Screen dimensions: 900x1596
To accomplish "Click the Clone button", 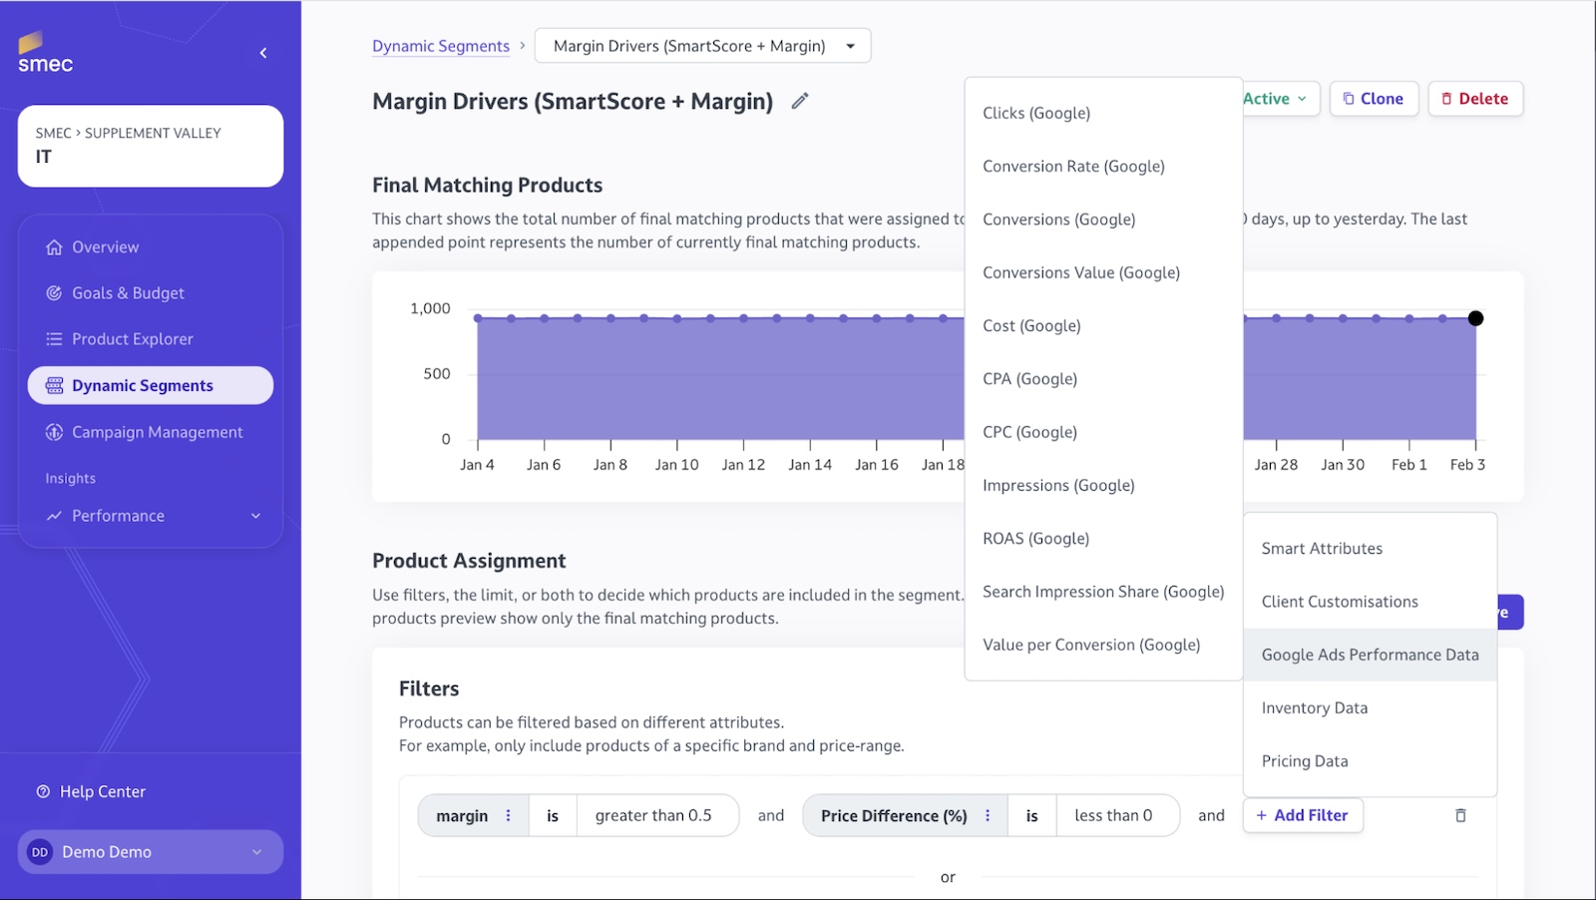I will pyautogui.click(x=1373, y=99).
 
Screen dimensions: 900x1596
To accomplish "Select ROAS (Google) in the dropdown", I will pyautogui.click(x=1035, y=539).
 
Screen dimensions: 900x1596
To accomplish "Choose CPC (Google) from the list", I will pyautogui.click(x=1029, y=432).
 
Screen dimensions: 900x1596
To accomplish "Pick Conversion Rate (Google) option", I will pyautogui.click(x=1073, y=167).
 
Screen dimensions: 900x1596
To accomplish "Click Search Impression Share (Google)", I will pyautogui.click(x=1102, y=592).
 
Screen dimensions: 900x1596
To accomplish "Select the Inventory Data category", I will pyautogui.click(x=1314, y=708).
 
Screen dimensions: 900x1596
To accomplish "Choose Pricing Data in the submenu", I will pyautogui.click(x=1304, y=761).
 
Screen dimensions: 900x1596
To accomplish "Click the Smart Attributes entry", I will pyautogui.click(x=1322, y=549).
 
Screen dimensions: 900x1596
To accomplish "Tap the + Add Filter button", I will pyautogui.click(x=1302, y=815).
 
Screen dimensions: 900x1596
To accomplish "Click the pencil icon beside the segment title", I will pyautogui.click(x=800, y=101).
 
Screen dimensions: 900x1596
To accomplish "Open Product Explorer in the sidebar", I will pyautogui.click(x=132, y=339).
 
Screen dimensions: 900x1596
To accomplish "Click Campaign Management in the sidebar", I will pyautogui.click(x=157, y=432).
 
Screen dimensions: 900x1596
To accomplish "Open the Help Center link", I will pyautogui.click(x=102, y=791).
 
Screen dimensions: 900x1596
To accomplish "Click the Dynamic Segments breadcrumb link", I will pyautogui.click(x=440, y=46).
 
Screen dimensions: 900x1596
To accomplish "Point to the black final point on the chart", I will pyautogui.click(x=1475, y=318).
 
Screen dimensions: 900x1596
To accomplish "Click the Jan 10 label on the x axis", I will pyautogui.click(x=676, y=465).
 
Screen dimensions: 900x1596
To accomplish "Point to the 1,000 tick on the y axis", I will pyautogui.click(x=430, y=309).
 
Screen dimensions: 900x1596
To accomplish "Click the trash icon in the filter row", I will pyautogui.click(x=1460, y=815).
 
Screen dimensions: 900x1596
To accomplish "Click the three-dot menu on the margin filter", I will pyautogui.click(x=508, y=815).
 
